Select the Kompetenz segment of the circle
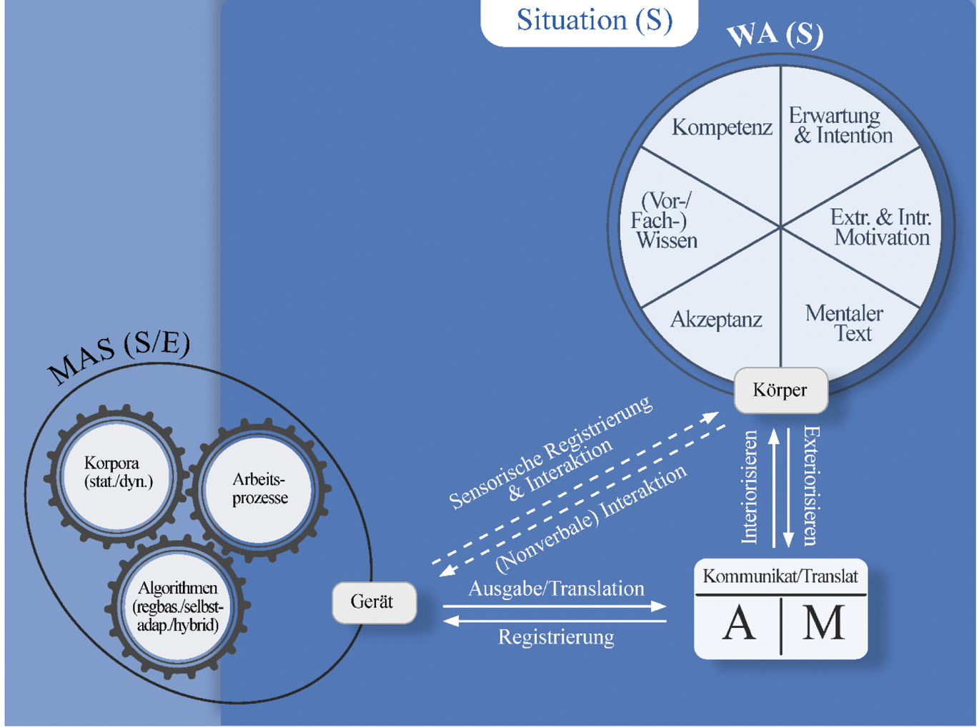pos(722,128)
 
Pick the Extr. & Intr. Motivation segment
pos(881,227)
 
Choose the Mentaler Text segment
pos(845,323)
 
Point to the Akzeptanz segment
pos(716,320)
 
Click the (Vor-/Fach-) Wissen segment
pos(664,220)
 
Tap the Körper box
pos(780,390)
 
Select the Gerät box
pos(372,602)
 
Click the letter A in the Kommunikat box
pos(739,624)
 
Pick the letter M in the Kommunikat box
pos(823,624)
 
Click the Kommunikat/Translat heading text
pos(780,576)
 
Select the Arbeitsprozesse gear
pos(259,488)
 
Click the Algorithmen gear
pos(178,606)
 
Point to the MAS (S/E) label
pos(119,357)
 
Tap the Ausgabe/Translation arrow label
pos(556,589)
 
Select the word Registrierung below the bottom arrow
pos(556,637)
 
